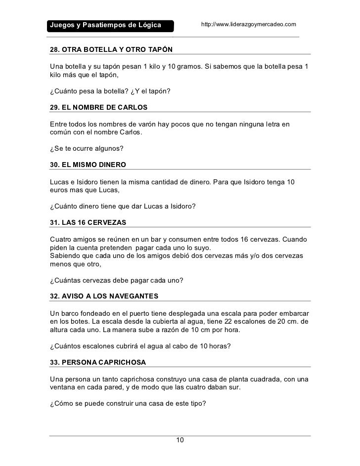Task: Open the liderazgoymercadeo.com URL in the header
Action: click(x=248, y=24)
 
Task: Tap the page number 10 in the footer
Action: click(x=180, y=440)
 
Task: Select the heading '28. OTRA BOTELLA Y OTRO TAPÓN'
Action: click(x=112, y=50)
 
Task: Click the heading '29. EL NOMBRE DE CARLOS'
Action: click(x=99, y=107)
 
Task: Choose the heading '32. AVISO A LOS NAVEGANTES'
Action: click(x=104, y=296)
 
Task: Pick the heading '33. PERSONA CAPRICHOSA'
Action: click(x=98, y=362)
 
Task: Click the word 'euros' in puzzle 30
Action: click(x=59, y=190)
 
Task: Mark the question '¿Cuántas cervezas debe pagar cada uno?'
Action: click(x=117, y=281)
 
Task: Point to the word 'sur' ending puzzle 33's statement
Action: click(x=235, y=387)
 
